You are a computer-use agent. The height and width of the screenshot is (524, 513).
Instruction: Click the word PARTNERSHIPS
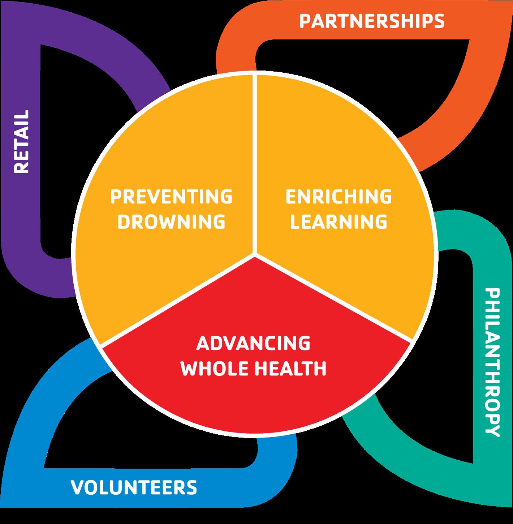(372, 21)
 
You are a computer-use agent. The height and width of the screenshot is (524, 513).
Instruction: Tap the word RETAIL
(21, 142)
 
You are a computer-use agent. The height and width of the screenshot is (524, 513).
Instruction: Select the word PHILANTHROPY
(492, 362)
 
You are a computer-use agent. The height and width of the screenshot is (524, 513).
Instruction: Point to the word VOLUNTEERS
(134, 487)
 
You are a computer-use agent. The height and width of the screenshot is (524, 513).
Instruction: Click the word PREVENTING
(171, 196)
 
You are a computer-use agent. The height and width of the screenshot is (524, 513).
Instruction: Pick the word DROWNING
(171, 221)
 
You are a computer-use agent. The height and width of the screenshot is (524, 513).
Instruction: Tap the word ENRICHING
(339, 196)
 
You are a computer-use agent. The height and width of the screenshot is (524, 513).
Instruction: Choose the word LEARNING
(339, 221)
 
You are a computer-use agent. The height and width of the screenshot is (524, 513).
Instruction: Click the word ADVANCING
(253, 343)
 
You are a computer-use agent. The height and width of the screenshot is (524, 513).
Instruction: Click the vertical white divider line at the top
(256, 163)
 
